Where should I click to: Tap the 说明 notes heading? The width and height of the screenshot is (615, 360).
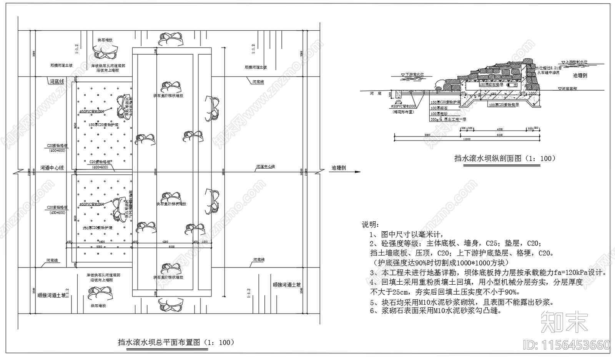[370, 224]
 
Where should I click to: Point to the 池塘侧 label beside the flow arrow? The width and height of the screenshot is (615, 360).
[339, 168]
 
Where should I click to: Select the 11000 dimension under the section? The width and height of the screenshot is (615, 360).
[467, 139]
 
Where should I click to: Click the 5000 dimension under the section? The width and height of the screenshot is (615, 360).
[427, 135]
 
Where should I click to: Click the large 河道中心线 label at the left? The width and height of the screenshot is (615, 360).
[52, 168]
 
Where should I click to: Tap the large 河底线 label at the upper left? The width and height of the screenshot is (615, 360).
[57, 81]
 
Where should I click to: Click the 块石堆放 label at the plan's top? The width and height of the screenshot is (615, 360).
[105, 40]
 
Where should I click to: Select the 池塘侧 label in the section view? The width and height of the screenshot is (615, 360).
[580, 76]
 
